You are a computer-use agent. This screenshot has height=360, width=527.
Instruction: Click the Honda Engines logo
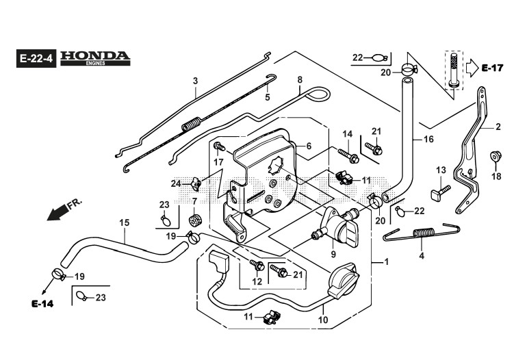pyautogui.click(x=95, y=58)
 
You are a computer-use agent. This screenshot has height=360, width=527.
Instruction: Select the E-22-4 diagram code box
pyautogui.click(x=36, y=58)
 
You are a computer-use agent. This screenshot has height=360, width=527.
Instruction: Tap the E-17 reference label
pyautogui.click(x=492, y=68)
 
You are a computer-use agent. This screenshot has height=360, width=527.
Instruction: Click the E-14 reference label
pyautogui.click(x=42, y=304)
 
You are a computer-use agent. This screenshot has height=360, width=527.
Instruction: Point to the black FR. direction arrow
pyautogui.click(x=57, y=214)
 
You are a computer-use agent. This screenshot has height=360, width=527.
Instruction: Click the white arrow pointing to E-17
pyautogui.click(x=472, y=68)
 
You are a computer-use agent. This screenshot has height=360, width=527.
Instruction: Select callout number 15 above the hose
pyautogui.click(x=124, y=222)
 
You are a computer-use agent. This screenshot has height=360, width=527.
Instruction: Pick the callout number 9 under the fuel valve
pyautogui.click(x=333, y=255)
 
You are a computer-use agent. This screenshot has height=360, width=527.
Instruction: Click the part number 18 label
pyautogui.click(x=496, y=176)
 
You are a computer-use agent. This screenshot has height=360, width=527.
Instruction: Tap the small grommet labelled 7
pyautogui.click(x=195, y=220)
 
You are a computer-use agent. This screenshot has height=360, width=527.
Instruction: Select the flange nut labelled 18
pyautogui.click(x=496, y=156)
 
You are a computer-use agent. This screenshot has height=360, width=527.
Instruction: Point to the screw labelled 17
pyautogui.click(x=220, y=147)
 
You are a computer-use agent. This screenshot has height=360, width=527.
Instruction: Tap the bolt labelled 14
pyautogui.click(x=348, y=155)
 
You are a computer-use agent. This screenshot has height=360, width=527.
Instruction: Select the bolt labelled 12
pyautogui.click(x=257, y=266)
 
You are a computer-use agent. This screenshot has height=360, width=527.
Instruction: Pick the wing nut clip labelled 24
pyautogui.click(x=196, y=183)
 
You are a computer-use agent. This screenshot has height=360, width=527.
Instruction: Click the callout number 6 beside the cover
pyautogui.click(x=309, y=146)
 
